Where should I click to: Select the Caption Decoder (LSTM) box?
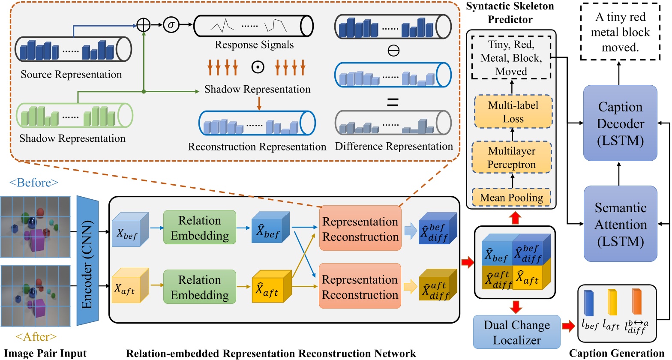click(620, 123)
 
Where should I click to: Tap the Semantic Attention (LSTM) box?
click(620, 224)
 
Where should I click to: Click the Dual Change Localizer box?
click(516, 332)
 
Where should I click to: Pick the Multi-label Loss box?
click(513, 112)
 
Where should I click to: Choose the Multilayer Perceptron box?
click(511, 157)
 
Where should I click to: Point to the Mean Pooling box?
click(511, 198)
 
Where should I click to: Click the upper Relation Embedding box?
click(200, 228)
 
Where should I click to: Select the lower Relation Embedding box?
click(200, 287)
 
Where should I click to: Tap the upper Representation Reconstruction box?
click(360, 229)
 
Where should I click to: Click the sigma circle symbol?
click(171, 25)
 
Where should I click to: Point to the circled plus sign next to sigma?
click(143, 25)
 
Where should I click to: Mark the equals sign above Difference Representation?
click(393, 102)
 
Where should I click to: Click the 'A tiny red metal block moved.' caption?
click(620, 33)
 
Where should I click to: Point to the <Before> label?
click(33, 183)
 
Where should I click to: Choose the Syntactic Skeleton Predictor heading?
click(510, 13)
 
